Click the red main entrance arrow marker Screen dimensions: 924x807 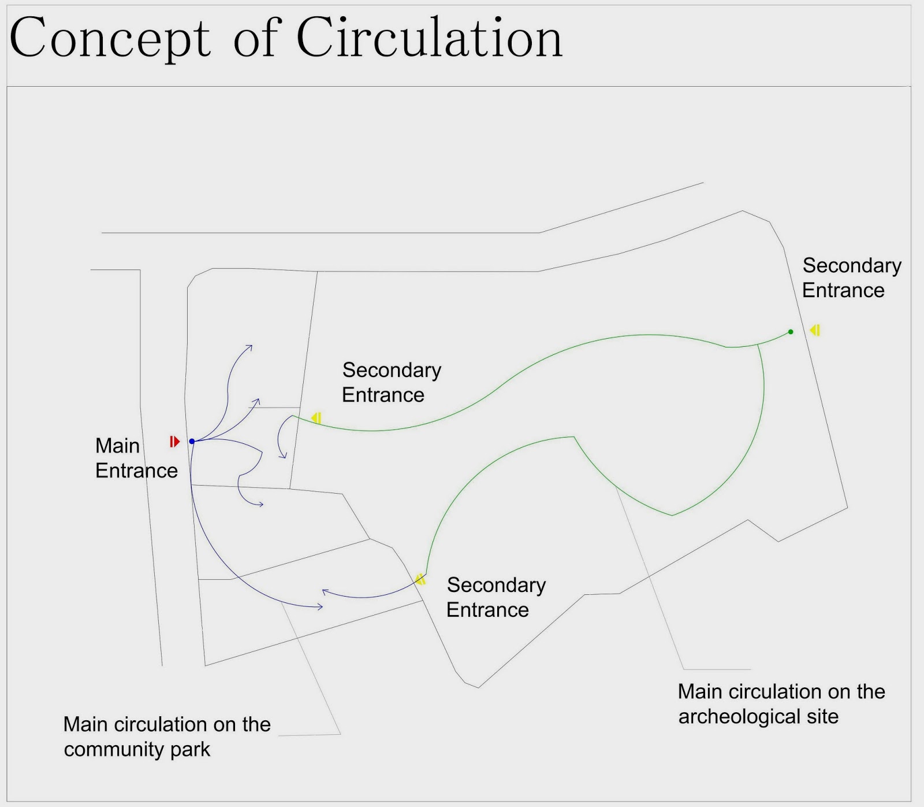174,442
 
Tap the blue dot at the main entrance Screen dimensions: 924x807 192,442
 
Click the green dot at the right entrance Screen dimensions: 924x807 791,332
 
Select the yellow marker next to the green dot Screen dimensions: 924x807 815,330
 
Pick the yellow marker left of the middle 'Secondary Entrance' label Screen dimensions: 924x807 316,418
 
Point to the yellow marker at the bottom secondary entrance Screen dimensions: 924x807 420,579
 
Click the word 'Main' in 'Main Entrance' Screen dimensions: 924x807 117,446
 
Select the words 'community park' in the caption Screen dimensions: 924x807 137,750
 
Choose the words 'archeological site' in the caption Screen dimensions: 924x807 758,717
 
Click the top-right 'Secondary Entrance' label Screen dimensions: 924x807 851,278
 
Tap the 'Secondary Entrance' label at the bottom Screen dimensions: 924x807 495,598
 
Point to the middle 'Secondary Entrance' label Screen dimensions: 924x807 391,383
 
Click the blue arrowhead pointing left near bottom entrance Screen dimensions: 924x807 325,591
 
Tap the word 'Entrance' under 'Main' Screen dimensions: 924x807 136,471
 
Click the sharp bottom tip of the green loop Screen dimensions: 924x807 672,515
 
